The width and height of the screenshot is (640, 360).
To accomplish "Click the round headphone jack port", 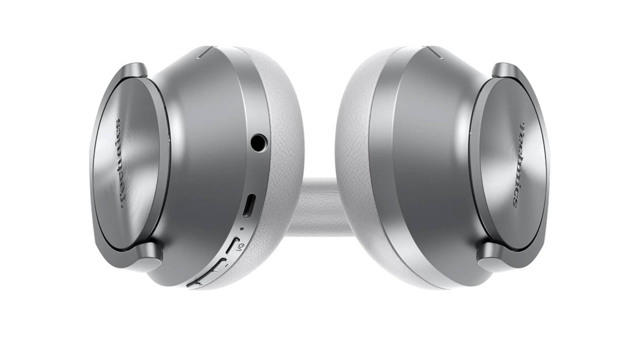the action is (x=259, y=142).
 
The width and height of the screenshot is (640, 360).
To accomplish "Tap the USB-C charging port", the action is (x=249, y=205).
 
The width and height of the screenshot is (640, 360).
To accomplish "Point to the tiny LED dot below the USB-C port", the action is (x=242, y=228).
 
